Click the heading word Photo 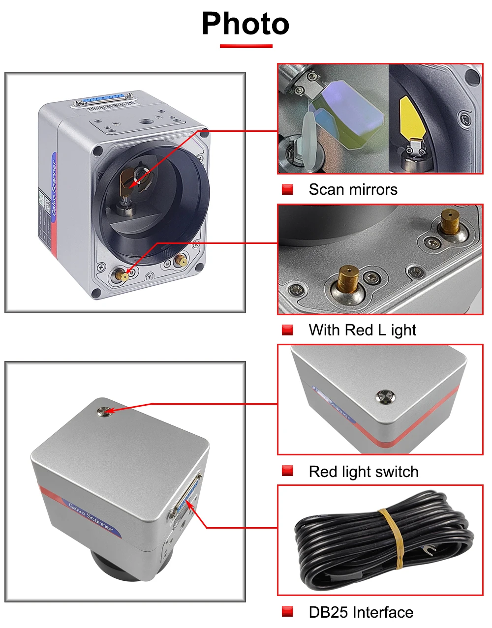[x=246, y=24]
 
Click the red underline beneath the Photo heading [x=246, y=46]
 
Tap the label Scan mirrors [x=353, y=189]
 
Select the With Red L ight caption [x=362, y=330]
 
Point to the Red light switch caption [x=363, y=472]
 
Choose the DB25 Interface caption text [x=361, y=612]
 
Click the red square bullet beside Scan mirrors [x=287, y=189]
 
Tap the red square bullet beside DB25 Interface [x=287, y=612]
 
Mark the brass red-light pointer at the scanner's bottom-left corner [x=121, y=275]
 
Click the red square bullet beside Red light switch [x=287, y=471]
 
